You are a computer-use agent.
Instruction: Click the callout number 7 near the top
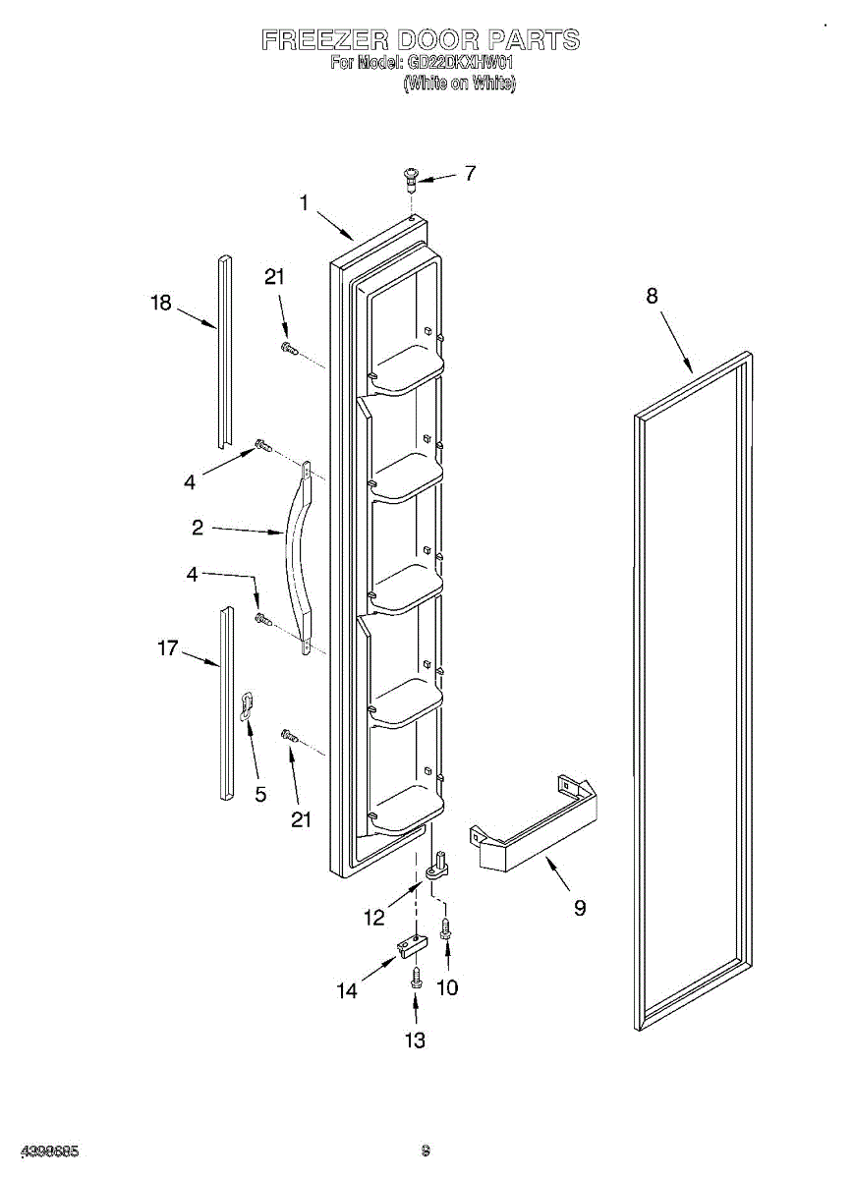click(470, 173)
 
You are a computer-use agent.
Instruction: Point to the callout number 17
click(167, 647)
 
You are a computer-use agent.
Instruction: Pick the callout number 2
click(197, 528)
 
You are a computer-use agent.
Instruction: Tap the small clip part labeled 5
click(249, 703)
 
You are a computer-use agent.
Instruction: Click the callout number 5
click(260, 795)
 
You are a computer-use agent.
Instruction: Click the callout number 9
click(580, 908)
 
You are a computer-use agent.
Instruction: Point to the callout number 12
click(373, 919)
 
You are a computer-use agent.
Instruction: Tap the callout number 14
click(347, 991)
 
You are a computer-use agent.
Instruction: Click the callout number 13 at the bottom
click(416, 1039)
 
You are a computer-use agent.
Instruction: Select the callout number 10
click(447, 987)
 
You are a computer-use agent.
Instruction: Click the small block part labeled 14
click(412, 945)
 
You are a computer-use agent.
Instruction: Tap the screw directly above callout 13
click(416, 978)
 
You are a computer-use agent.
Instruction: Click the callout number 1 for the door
click(304, 203)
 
